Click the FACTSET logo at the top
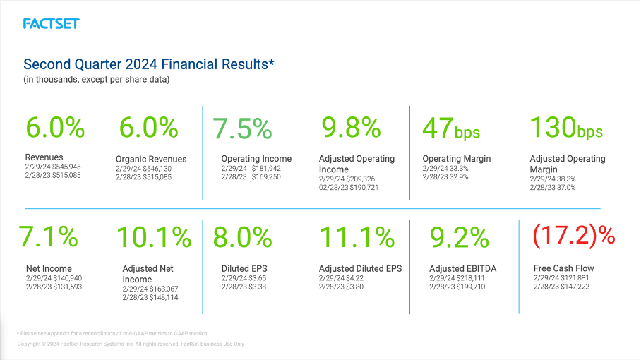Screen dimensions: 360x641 pos(51,24)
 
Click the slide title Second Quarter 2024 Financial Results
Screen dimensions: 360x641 pos(148,64)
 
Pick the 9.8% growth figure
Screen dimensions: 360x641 pos(351,128)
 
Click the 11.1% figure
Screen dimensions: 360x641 pos(357,237)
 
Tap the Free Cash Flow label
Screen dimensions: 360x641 pos(563,268)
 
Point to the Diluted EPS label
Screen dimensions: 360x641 pos(244,268)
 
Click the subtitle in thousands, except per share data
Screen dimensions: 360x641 pos(97,79)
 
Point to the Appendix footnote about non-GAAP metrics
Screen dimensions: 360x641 pos(112,333)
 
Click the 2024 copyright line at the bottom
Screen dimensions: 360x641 pos(131,344)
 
